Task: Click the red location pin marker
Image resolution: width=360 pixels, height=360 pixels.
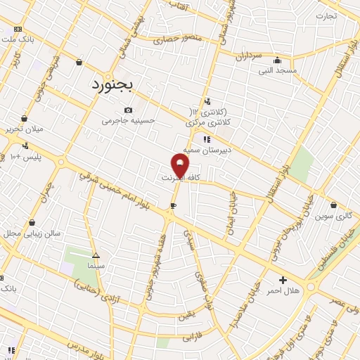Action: [x=180, y=165]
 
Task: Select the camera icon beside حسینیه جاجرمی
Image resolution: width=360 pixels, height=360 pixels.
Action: [x=128, y=110]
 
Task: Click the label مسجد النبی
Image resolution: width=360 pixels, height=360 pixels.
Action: [x=278, y=70]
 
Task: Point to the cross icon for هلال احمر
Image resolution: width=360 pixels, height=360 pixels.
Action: [x=283, y=280]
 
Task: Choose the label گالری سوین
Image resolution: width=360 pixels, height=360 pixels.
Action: [x=334, y=216]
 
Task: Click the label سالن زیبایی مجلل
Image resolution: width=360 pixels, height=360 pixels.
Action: [x=32, y=233]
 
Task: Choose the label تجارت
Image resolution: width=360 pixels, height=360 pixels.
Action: [x=326, y=15]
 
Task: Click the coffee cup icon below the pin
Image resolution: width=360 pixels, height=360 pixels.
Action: [x=173, y=206]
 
